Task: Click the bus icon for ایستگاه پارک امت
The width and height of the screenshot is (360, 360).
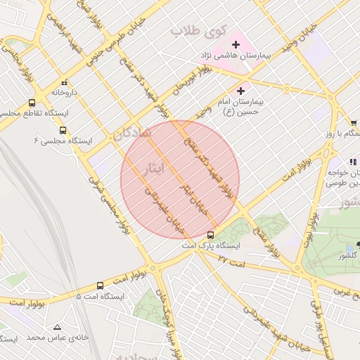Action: (211, 235)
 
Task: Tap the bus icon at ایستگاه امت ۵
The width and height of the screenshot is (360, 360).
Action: (100, 286)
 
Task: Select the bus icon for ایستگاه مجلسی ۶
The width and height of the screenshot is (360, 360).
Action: (63, 130)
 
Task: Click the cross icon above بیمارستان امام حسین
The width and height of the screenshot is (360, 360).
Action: (241, 90)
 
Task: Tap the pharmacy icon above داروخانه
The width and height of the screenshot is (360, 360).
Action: (65, 82)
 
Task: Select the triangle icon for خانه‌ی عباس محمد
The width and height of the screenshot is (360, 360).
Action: (57, 327)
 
